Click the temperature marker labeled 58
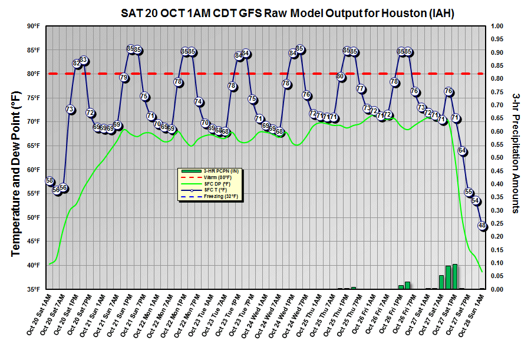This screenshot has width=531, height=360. click(50, 181)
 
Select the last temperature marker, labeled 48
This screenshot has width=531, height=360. click(483, 226)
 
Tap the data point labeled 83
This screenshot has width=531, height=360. click(84, 60)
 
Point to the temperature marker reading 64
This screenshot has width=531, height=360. click(463, 151)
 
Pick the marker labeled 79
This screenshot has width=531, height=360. click(124, 78)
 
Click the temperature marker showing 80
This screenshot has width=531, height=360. click(341, 77)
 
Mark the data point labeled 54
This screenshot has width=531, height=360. click(476, 201)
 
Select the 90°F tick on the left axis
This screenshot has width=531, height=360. click(33, 27)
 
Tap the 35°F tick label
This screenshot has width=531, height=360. click(33, 289)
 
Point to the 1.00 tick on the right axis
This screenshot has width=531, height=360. click(497, 27)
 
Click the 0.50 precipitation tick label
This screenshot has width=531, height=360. click(497, 158)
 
